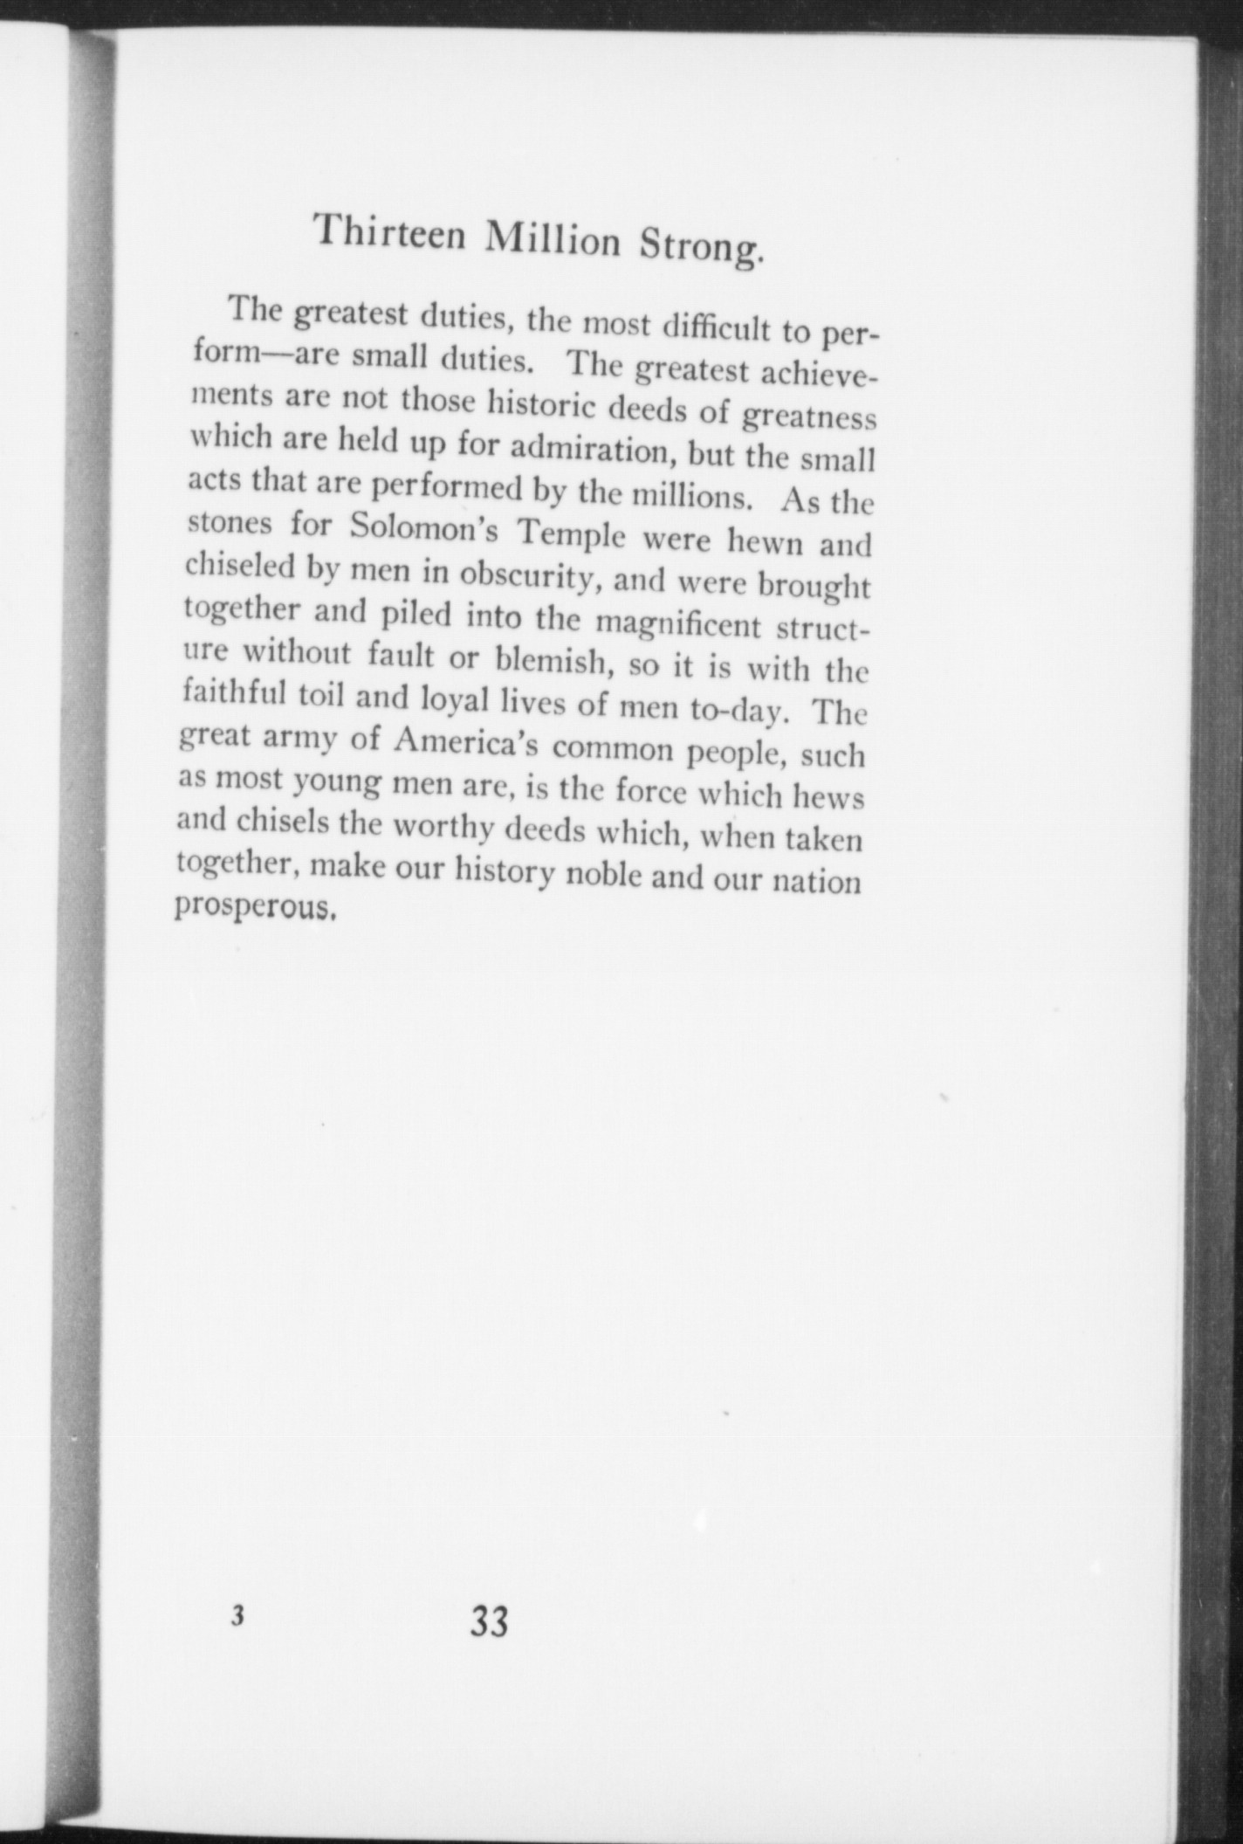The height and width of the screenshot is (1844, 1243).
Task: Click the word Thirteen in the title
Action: [x=389, y=232]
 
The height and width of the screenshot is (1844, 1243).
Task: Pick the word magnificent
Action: [x=666, y=626]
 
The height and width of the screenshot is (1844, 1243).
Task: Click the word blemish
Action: [x=551, y=661]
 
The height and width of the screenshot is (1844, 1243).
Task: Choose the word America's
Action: [x=467, y=743]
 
